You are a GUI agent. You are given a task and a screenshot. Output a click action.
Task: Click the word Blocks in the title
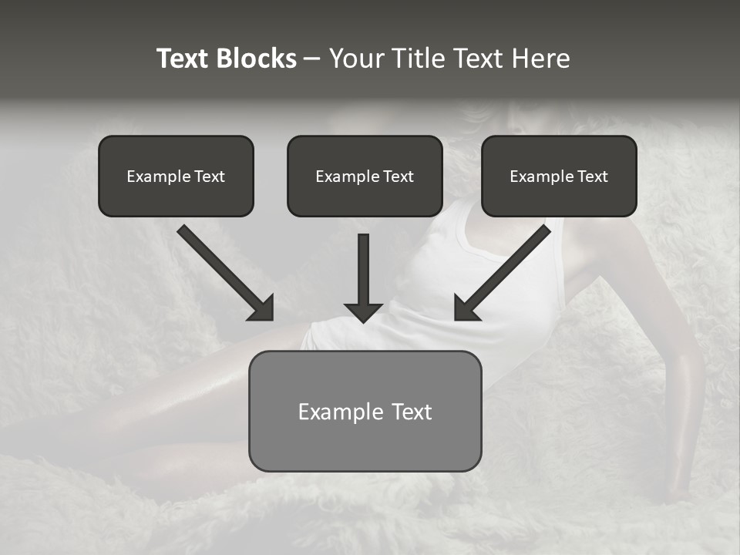(257, 59)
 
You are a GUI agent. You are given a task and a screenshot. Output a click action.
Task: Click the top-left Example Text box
(176, 176)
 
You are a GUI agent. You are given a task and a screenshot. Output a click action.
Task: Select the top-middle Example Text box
(365, 176)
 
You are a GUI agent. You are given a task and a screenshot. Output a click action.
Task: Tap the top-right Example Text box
(559, 176)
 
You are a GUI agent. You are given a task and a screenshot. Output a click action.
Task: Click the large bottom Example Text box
(365, 411)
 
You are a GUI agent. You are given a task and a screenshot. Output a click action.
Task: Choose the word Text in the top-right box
(592, 177)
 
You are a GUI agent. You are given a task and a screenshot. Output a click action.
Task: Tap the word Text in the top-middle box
(398, 177)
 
